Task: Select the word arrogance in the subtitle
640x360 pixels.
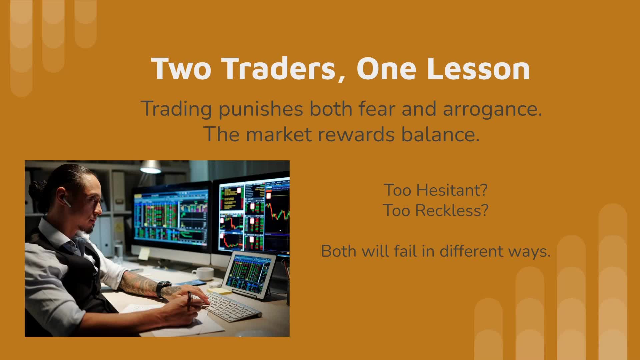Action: pos(489,109)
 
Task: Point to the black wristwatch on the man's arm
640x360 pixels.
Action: pos(163,289)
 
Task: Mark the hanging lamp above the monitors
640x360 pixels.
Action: pos(151,167)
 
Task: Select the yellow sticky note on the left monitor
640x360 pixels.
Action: pos(144,254)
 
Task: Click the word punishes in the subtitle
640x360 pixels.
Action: pos(260,109)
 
